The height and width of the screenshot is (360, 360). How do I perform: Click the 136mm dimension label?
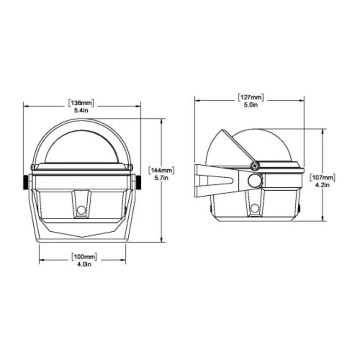[81, 103]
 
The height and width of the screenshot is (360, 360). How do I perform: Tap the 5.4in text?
[81, 110]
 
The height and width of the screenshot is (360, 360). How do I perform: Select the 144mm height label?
[162, 171]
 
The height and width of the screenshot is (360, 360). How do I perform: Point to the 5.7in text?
[162, 178]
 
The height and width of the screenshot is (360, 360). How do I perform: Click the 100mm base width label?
[84, 256]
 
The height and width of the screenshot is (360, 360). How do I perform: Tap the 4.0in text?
[84, 264]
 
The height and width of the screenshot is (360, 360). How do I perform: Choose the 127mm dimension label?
[251, 97]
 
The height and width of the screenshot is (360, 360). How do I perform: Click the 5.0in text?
[251, 105]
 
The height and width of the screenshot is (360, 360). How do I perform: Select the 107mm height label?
[322, 177]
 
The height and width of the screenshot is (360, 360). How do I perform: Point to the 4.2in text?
[322, 184]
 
